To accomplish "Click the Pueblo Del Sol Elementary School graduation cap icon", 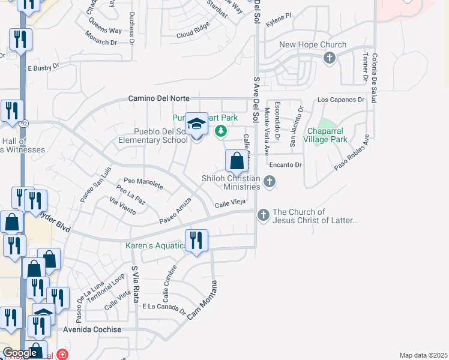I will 196,125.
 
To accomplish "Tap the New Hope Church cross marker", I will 329,58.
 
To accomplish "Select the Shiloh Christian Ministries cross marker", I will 270,181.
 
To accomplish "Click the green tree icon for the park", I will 221,130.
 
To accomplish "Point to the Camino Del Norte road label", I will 159,98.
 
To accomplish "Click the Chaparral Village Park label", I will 327,135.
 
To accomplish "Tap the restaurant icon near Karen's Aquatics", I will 196,241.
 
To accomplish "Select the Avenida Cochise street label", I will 92,330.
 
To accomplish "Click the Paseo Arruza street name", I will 175,211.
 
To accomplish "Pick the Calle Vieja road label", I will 230,204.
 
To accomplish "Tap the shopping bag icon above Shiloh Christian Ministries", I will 237,161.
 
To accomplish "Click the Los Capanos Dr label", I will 341,100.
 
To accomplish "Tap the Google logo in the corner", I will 20,353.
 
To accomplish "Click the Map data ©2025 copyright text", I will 423,355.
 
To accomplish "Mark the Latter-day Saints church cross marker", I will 263,215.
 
